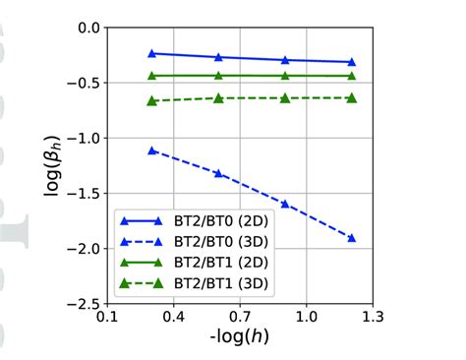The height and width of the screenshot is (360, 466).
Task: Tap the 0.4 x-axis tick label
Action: point(173,319)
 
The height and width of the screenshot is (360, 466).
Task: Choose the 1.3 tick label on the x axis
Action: point(373,319)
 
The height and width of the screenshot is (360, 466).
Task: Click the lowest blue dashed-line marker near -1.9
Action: point(351,238)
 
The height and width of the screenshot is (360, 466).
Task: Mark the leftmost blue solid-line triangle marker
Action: point(151,53)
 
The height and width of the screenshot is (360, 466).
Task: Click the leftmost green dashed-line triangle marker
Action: point(151,100)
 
